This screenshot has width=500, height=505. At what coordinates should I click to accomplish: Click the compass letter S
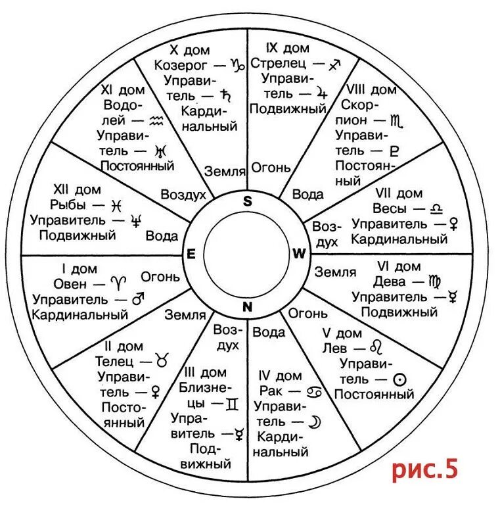click(248, 202)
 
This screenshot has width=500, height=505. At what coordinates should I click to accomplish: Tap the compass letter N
click(248, 306)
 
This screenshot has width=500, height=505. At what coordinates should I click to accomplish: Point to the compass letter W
click(299, 253)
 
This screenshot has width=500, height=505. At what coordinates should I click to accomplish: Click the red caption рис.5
click(424, 470)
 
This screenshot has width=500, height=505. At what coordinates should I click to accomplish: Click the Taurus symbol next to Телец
click(161, 360)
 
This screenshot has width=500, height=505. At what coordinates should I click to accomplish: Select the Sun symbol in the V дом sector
click(398, 379)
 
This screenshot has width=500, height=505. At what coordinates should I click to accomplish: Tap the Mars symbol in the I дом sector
click(138, 299)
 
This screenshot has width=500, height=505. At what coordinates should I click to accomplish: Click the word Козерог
click(181, 65)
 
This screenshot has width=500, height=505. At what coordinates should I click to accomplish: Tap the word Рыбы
click(68, 205)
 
